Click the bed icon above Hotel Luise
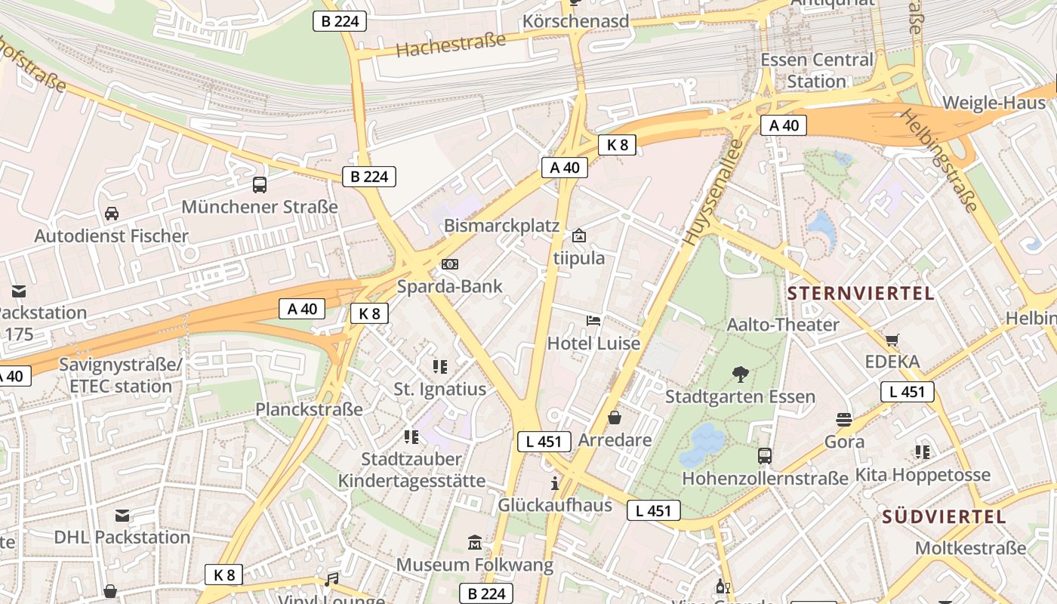[593, 321]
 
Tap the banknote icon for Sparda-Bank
[450, 263]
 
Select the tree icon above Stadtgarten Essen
[740, 374]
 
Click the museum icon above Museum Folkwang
[475, 542]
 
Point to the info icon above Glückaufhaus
[555, 482]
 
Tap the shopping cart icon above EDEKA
[892, 340]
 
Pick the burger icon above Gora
[844, 419]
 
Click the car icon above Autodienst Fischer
[112, 214]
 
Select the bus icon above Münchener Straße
[260, 184]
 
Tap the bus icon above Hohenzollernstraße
[765, 455]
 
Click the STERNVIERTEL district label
[861, 293]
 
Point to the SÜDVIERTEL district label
[944, 517]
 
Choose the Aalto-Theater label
[783, 325]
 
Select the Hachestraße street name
[451, 45]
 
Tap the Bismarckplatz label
[501, 226]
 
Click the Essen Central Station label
[816, 69]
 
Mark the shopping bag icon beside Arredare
[615, 418]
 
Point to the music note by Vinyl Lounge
[331, 579]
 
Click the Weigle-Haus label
[994, 103]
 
